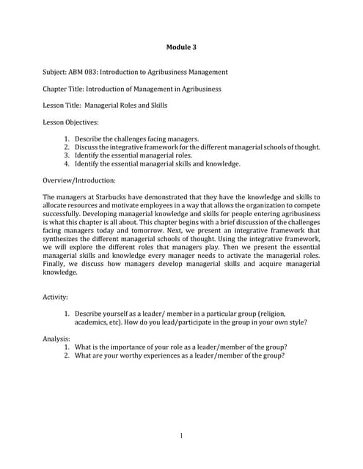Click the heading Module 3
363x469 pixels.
(x=181, y=48)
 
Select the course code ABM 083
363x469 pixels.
(x=84, y=72)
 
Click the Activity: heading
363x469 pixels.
(x=56, y=298)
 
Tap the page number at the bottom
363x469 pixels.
(x=181, y=437)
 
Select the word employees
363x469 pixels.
(x=160, y=205)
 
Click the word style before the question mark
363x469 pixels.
(x=294, y=322)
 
